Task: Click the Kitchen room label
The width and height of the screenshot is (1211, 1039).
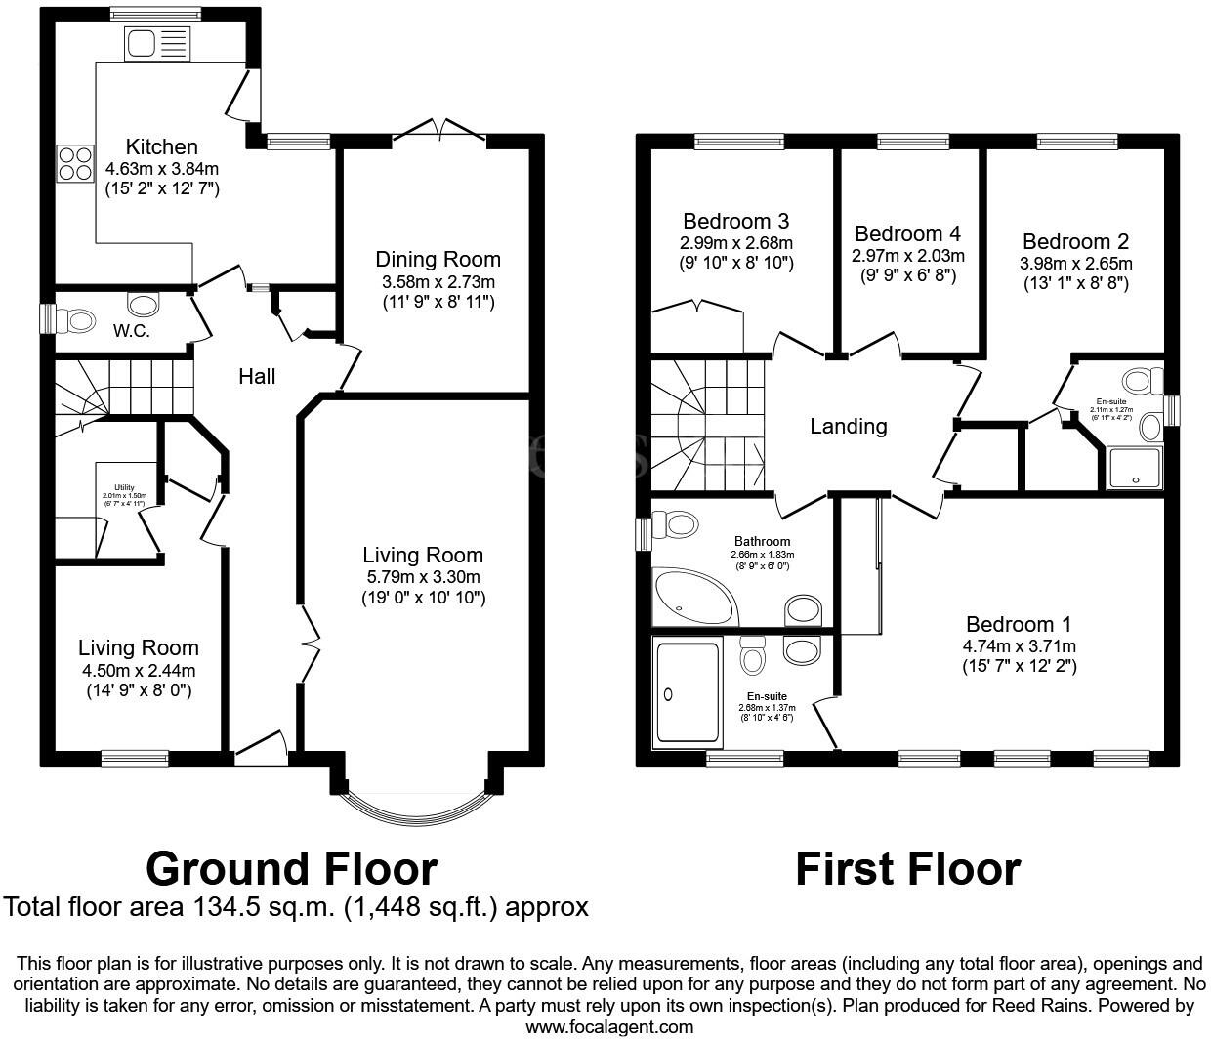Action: click(x=162, y=147)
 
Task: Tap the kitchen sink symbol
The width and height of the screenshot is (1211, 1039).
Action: click(x=155, y=43)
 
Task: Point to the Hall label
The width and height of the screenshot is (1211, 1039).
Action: click(x=257, y=376)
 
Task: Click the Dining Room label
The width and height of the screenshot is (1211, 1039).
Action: click(x=438, y=260)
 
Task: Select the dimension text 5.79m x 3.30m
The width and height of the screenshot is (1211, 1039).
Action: click(x=423, y=576)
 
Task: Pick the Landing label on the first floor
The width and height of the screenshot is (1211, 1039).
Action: click(x=848, y=426)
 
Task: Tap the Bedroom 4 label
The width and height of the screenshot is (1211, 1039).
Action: click(x=907, y=234)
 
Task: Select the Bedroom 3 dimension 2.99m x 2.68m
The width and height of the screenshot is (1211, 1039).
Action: click(x=736, y=242)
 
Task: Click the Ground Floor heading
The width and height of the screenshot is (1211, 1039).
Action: click(x=291, y=867)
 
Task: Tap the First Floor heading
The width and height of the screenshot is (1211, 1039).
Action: click(x=907, y=868)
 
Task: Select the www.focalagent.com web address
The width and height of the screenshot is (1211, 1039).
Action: click(x=609, y=1026)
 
